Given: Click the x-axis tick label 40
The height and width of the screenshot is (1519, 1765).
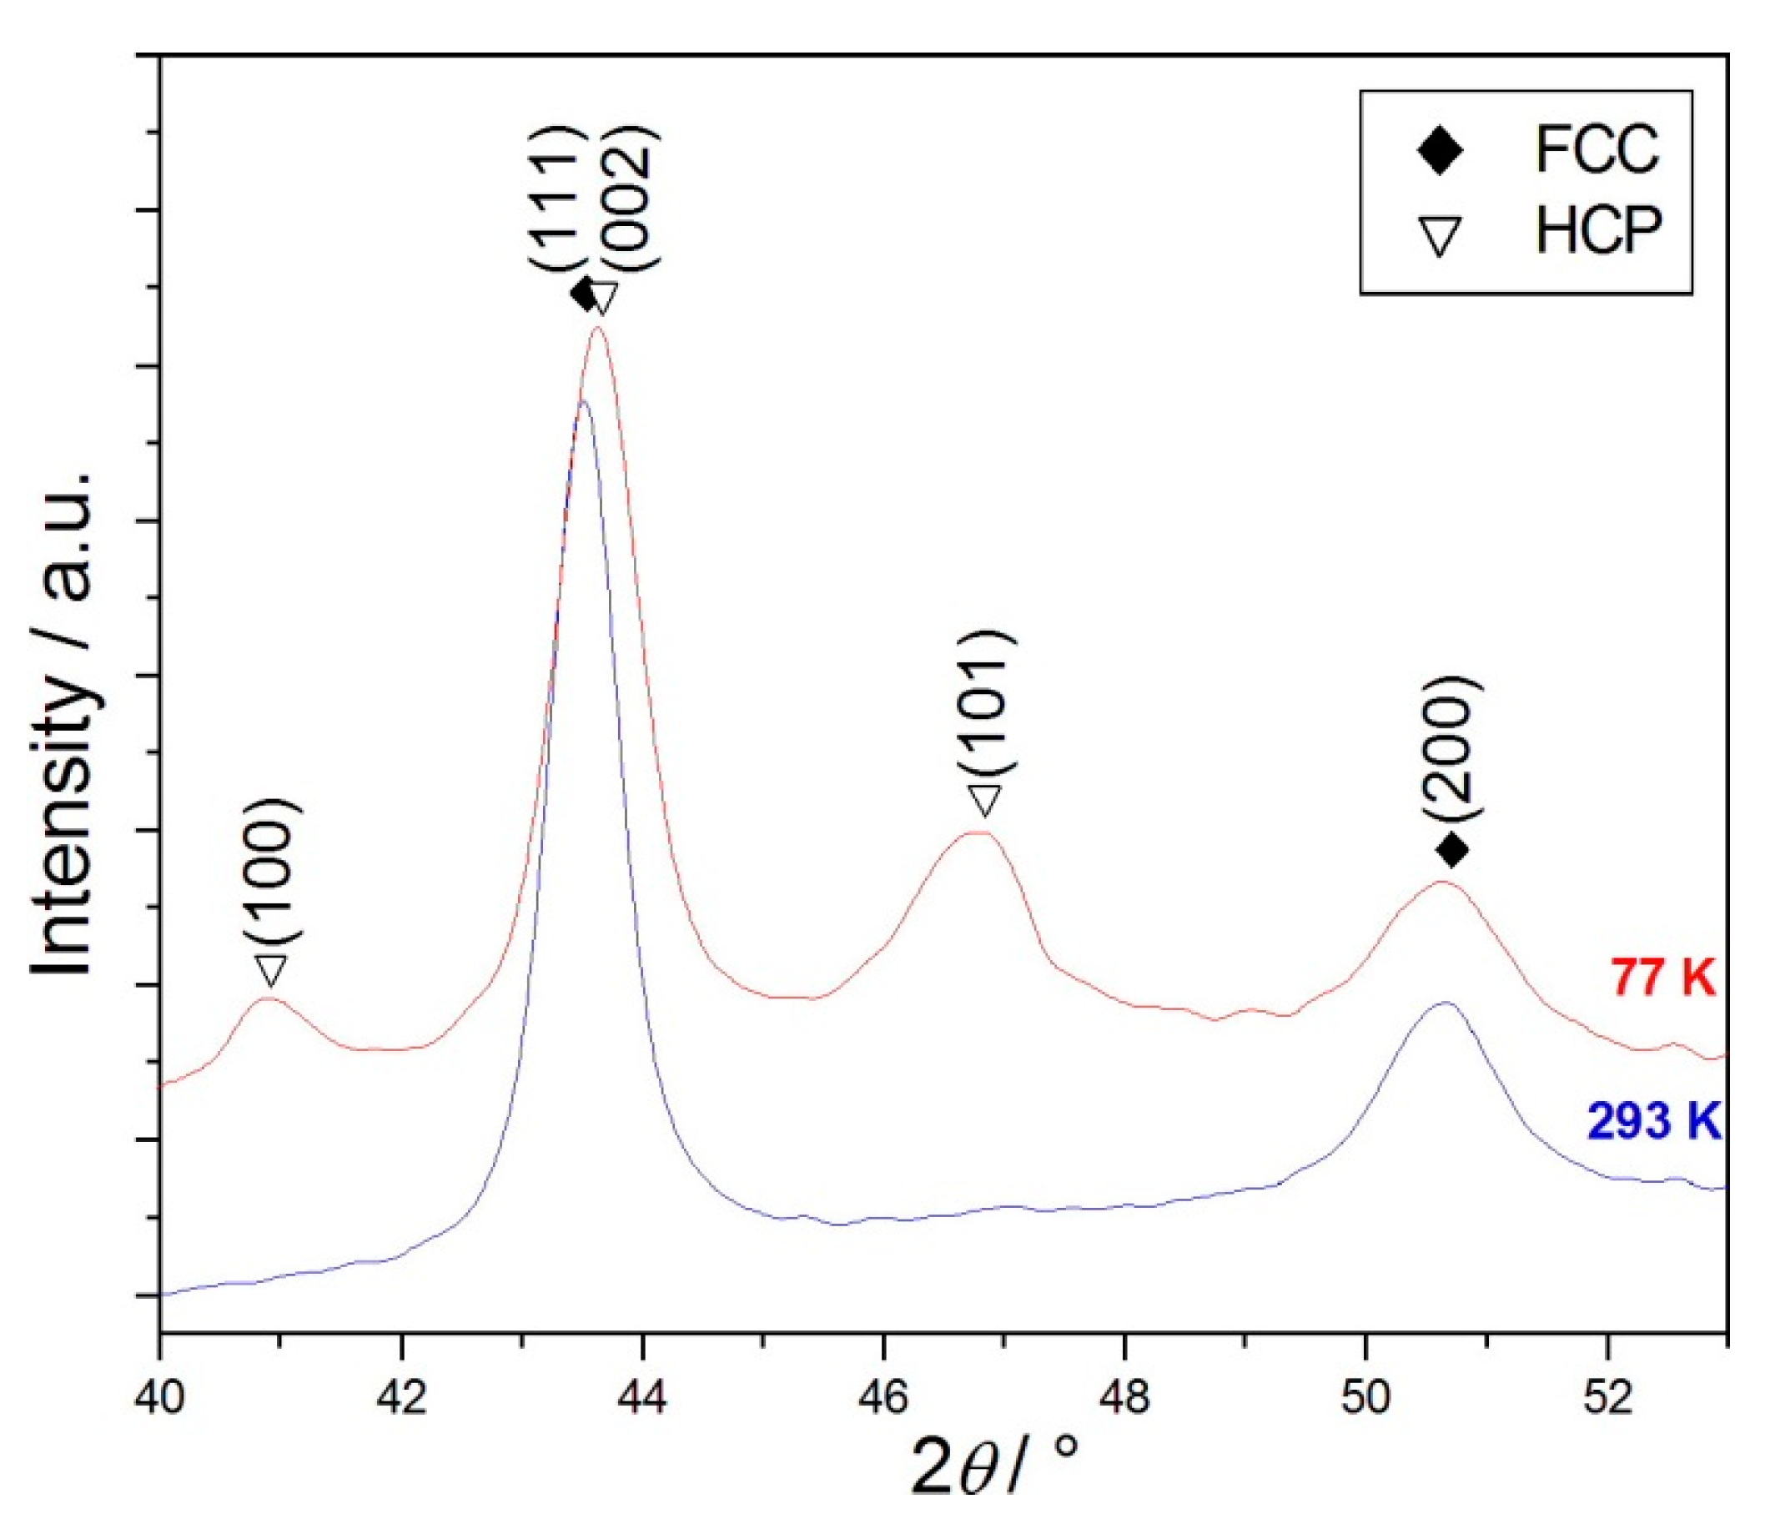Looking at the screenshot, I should (159, 1400).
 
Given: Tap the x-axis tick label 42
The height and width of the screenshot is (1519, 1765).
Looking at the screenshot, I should (401, 1400).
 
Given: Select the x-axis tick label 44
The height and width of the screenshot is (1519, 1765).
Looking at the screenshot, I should (643, 1400).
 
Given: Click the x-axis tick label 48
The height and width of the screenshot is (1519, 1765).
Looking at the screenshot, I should (1125, 1400).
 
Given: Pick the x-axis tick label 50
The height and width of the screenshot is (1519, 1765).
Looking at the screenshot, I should (1366, 1400).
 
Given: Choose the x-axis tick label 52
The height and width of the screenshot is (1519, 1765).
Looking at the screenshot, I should (1608, 1400).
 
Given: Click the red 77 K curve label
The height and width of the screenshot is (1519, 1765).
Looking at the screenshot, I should (1662, 977).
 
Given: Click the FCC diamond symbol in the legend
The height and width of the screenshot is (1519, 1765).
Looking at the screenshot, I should (1440, 152).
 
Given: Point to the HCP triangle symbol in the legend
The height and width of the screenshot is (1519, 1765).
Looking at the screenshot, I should (1440, 236).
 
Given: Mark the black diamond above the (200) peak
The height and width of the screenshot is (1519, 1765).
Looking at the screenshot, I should (1452, 849).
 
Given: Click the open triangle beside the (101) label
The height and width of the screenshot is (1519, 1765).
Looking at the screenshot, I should (985, 801).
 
